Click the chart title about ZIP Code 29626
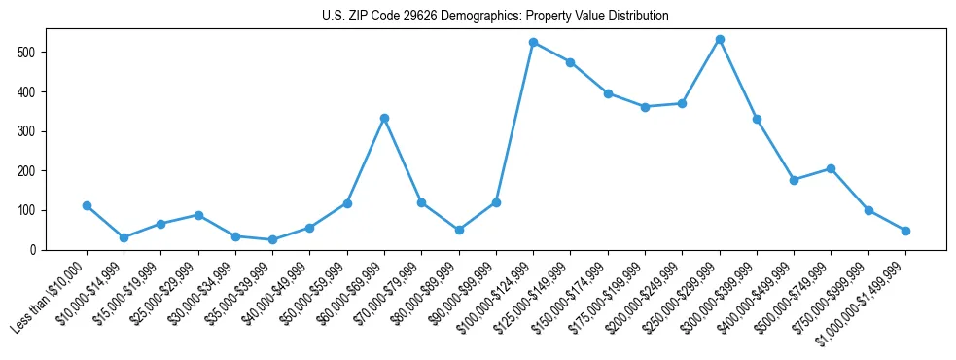click(x=495, y=17)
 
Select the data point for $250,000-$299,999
click(x=720, y=39)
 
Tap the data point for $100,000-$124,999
click(x=533, y=42)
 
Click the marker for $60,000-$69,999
click(x=384, y=118)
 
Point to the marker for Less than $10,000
click(x=87, y=205)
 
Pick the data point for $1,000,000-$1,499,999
click(x=905, y=231)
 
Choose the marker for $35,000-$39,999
click(x=272, y=239)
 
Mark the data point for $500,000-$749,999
click(x=831, y=168)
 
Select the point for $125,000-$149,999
click(x=570, y=62)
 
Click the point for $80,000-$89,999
click(x=459, y=230)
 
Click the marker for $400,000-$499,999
click(x=794, y=180)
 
